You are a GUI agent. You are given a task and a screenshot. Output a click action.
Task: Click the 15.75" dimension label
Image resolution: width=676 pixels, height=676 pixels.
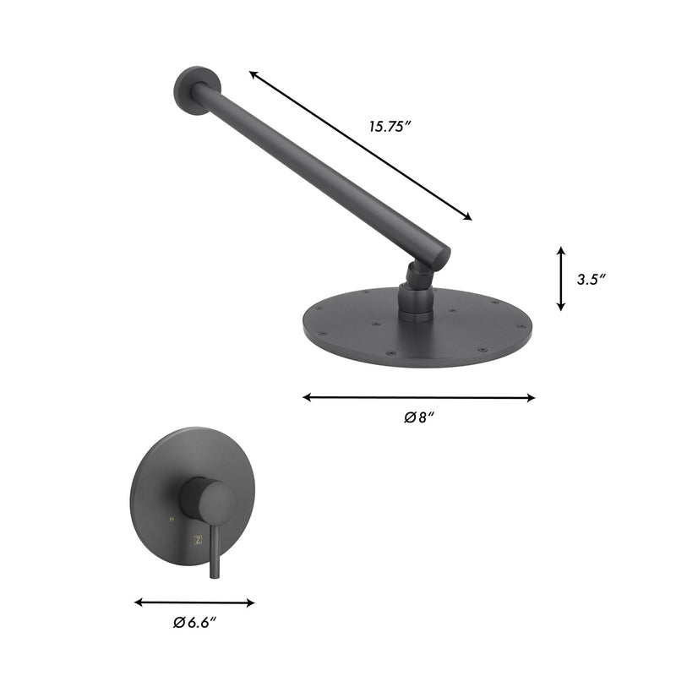tap(389, 126)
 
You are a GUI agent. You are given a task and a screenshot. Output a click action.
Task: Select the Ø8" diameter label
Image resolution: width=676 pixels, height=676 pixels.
tap(419, 417)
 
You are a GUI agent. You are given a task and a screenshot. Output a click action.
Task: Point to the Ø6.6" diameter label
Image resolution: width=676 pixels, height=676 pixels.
tap(195, 623)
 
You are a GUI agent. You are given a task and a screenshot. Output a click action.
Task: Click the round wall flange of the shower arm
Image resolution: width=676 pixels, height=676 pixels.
tap(195, 89)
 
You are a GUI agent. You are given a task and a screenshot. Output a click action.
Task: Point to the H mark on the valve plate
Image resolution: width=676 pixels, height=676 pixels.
tap(172, 519)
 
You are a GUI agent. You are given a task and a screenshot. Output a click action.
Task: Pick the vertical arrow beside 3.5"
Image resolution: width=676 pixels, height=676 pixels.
tap(560, 279)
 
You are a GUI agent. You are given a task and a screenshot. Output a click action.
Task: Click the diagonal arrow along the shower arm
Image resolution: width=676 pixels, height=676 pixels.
tap(361, 146)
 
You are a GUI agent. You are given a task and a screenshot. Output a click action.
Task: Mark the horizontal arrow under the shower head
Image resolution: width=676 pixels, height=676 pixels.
tap(419, 396)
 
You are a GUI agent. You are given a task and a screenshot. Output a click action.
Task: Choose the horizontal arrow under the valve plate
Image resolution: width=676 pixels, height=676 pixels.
tap(194, 602)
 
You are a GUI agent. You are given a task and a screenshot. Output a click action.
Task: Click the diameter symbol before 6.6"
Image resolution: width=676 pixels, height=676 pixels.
tap(178, 623)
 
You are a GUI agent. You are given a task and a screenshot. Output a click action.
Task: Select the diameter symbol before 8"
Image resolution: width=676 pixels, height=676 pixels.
tap(409, 417)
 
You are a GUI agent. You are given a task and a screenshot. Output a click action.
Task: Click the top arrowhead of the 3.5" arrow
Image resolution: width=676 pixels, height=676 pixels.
tap(560, 251)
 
